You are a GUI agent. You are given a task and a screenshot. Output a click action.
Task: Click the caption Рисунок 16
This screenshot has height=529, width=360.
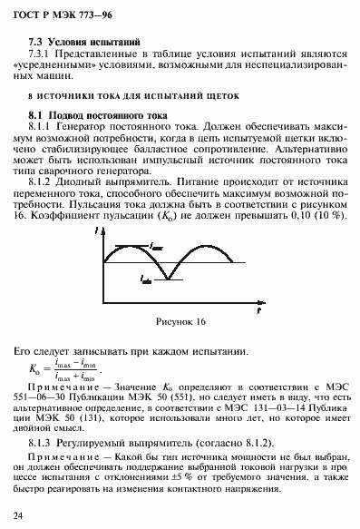(x=181, y=321)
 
